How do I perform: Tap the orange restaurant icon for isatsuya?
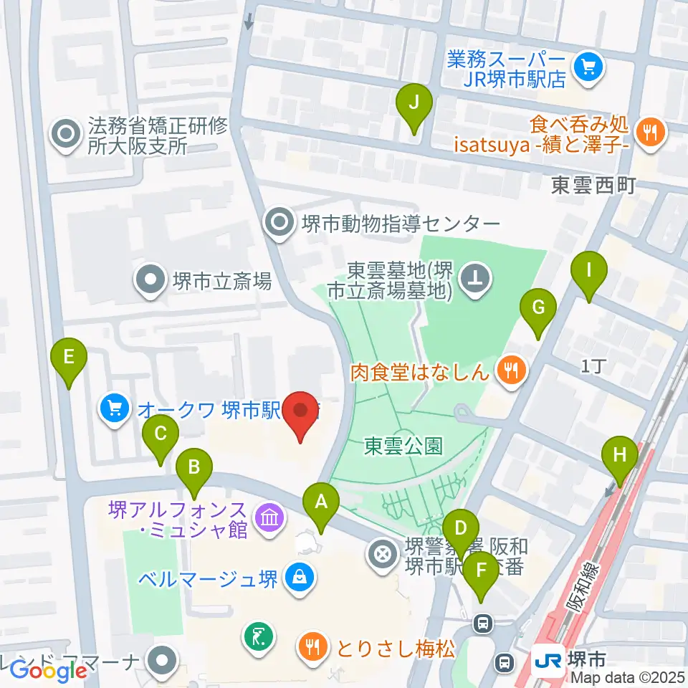tap(651, 131)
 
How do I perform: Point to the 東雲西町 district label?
tap(593, 186)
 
